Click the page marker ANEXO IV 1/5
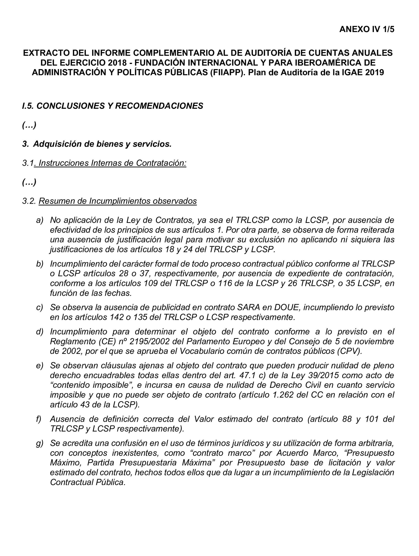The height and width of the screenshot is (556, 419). pyautogui.click(x=366, y=29)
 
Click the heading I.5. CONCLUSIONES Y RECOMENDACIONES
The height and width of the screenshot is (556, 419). pyautogui.click(x=112, y=106)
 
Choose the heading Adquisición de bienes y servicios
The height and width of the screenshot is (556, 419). pyautogui.click(x=102, y=144)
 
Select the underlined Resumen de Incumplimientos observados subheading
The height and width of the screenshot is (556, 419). pyautogui.click(x=117, y=201)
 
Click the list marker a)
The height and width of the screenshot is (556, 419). pyautogui.click(x=39, y=220)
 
